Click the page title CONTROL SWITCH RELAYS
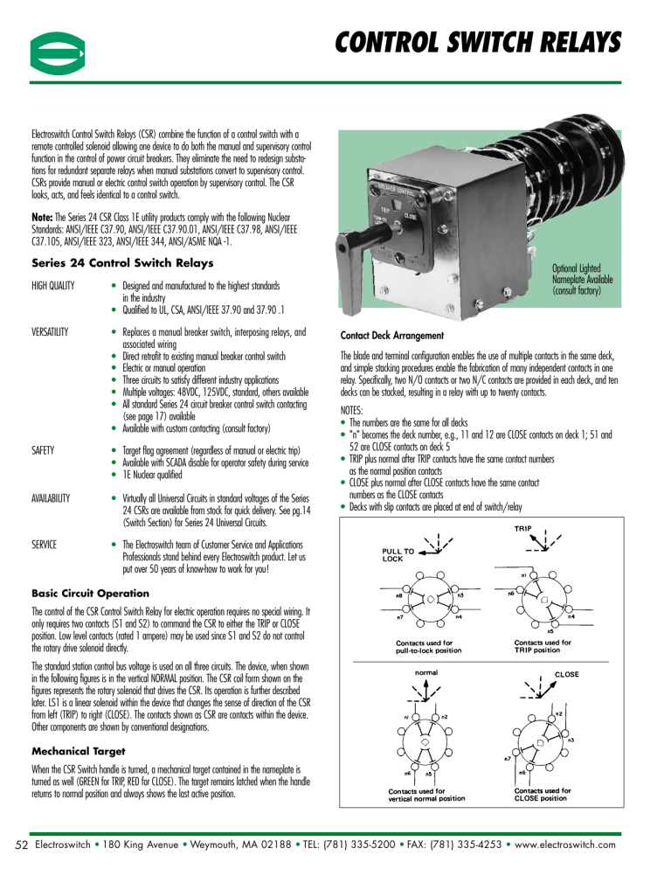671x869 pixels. (x=479, y=41)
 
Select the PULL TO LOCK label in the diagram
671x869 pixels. (x=398, y=555)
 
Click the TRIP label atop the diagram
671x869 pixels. (x=533, y=529)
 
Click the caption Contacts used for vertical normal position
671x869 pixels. (x=426, y=794)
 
